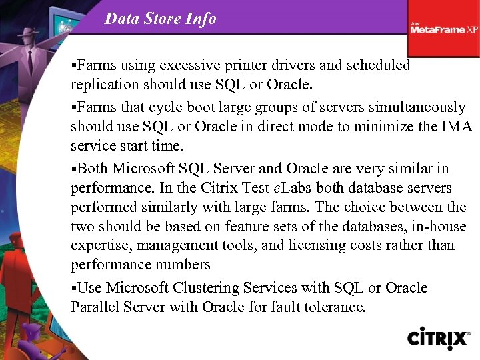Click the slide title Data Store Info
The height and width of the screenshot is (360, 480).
(160, 19)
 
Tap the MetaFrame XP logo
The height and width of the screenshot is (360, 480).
(443, 29)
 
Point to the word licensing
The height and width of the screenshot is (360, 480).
(317, 245)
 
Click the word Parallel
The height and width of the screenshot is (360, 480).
(93, 307)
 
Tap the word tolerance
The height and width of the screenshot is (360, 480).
(334, 307)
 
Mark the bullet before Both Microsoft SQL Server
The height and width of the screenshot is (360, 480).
(74, 169)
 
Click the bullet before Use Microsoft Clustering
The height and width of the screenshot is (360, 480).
(74, 288)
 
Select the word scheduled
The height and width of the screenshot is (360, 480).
(375, 65)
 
